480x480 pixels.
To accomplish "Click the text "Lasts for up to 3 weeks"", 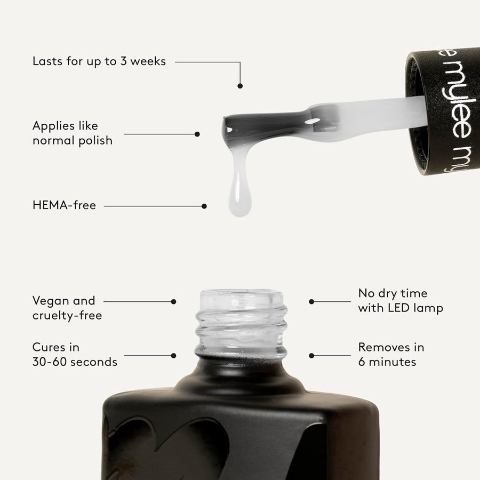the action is [99, 61].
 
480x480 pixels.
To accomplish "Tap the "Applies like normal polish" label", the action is [73, 133].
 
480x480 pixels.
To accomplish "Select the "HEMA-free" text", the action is [65, 205].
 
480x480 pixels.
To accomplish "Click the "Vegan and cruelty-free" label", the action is [67, 308].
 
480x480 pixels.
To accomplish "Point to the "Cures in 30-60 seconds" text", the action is [75, 355].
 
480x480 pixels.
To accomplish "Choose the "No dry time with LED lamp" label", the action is [401, 301].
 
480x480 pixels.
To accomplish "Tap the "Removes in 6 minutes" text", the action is [391, 355].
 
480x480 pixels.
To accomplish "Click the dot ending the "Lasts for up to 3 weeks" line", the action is [240, 86].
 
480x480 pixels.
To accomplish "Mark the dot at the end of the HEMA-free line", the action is [204, 206].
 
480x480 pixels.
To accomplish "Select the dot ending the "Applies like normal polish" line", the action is [197, 134].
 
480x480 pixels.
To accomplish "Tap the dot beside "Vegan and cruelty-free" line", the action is [173, 301].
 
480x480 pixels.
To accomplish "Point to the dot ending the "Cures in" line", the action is [173, 356].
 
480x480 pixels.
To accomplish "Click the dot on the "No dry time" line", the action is [311, 301].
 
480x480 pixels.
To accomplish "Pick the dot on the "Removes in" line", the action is [311, 356].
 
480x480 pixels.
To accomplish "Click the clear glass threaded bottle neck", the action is [241, 324].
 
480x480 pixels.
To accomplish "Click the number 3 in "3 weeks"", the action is [123, 61].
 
